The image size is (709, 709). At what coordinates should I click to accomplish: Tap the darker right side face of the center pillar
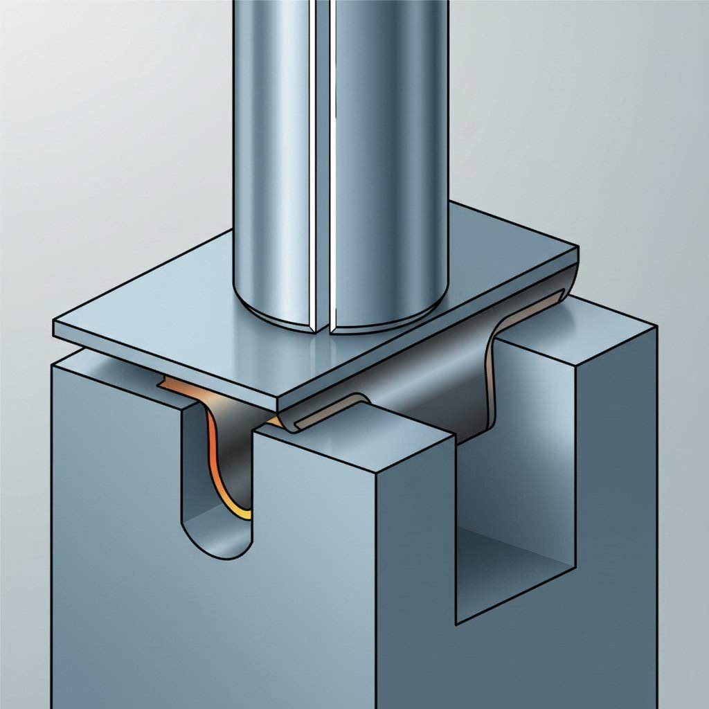(x=415, y=554)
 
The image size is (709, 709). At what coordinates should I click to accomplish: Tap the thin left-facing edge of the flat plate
(x=166, y=367)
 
